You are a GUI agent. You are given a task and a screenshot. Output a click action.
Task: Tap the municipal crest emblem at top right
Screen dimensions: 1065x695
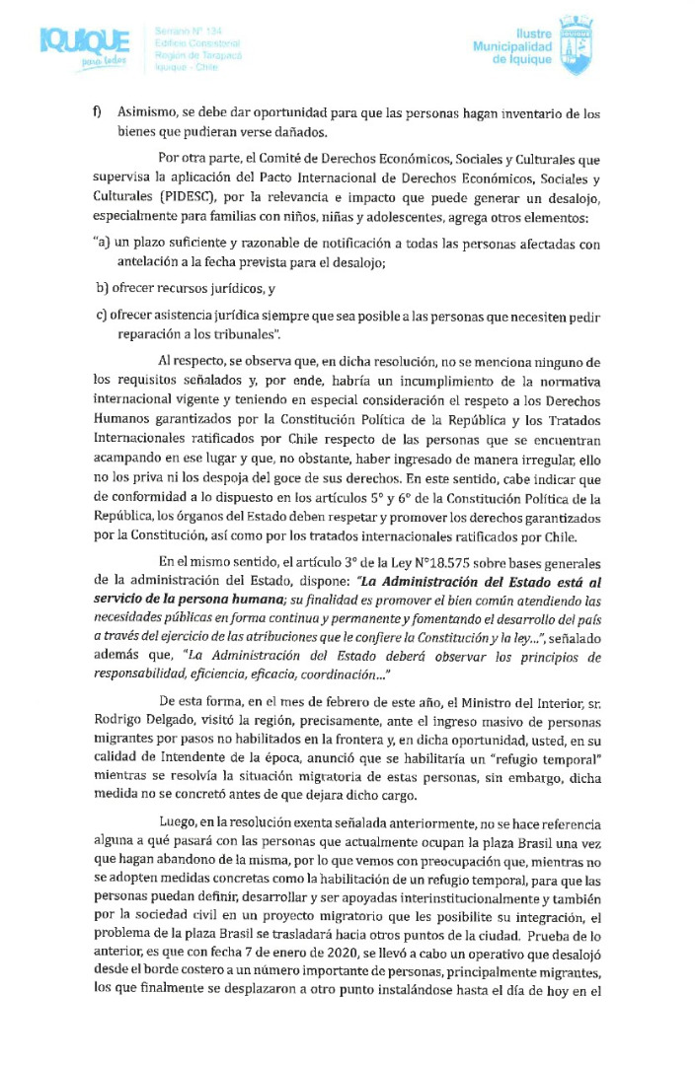coord(576,45)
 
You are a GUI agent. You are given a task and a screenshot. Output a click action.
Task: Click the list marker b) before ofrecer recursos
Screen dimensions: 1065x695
coord(102,288)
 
